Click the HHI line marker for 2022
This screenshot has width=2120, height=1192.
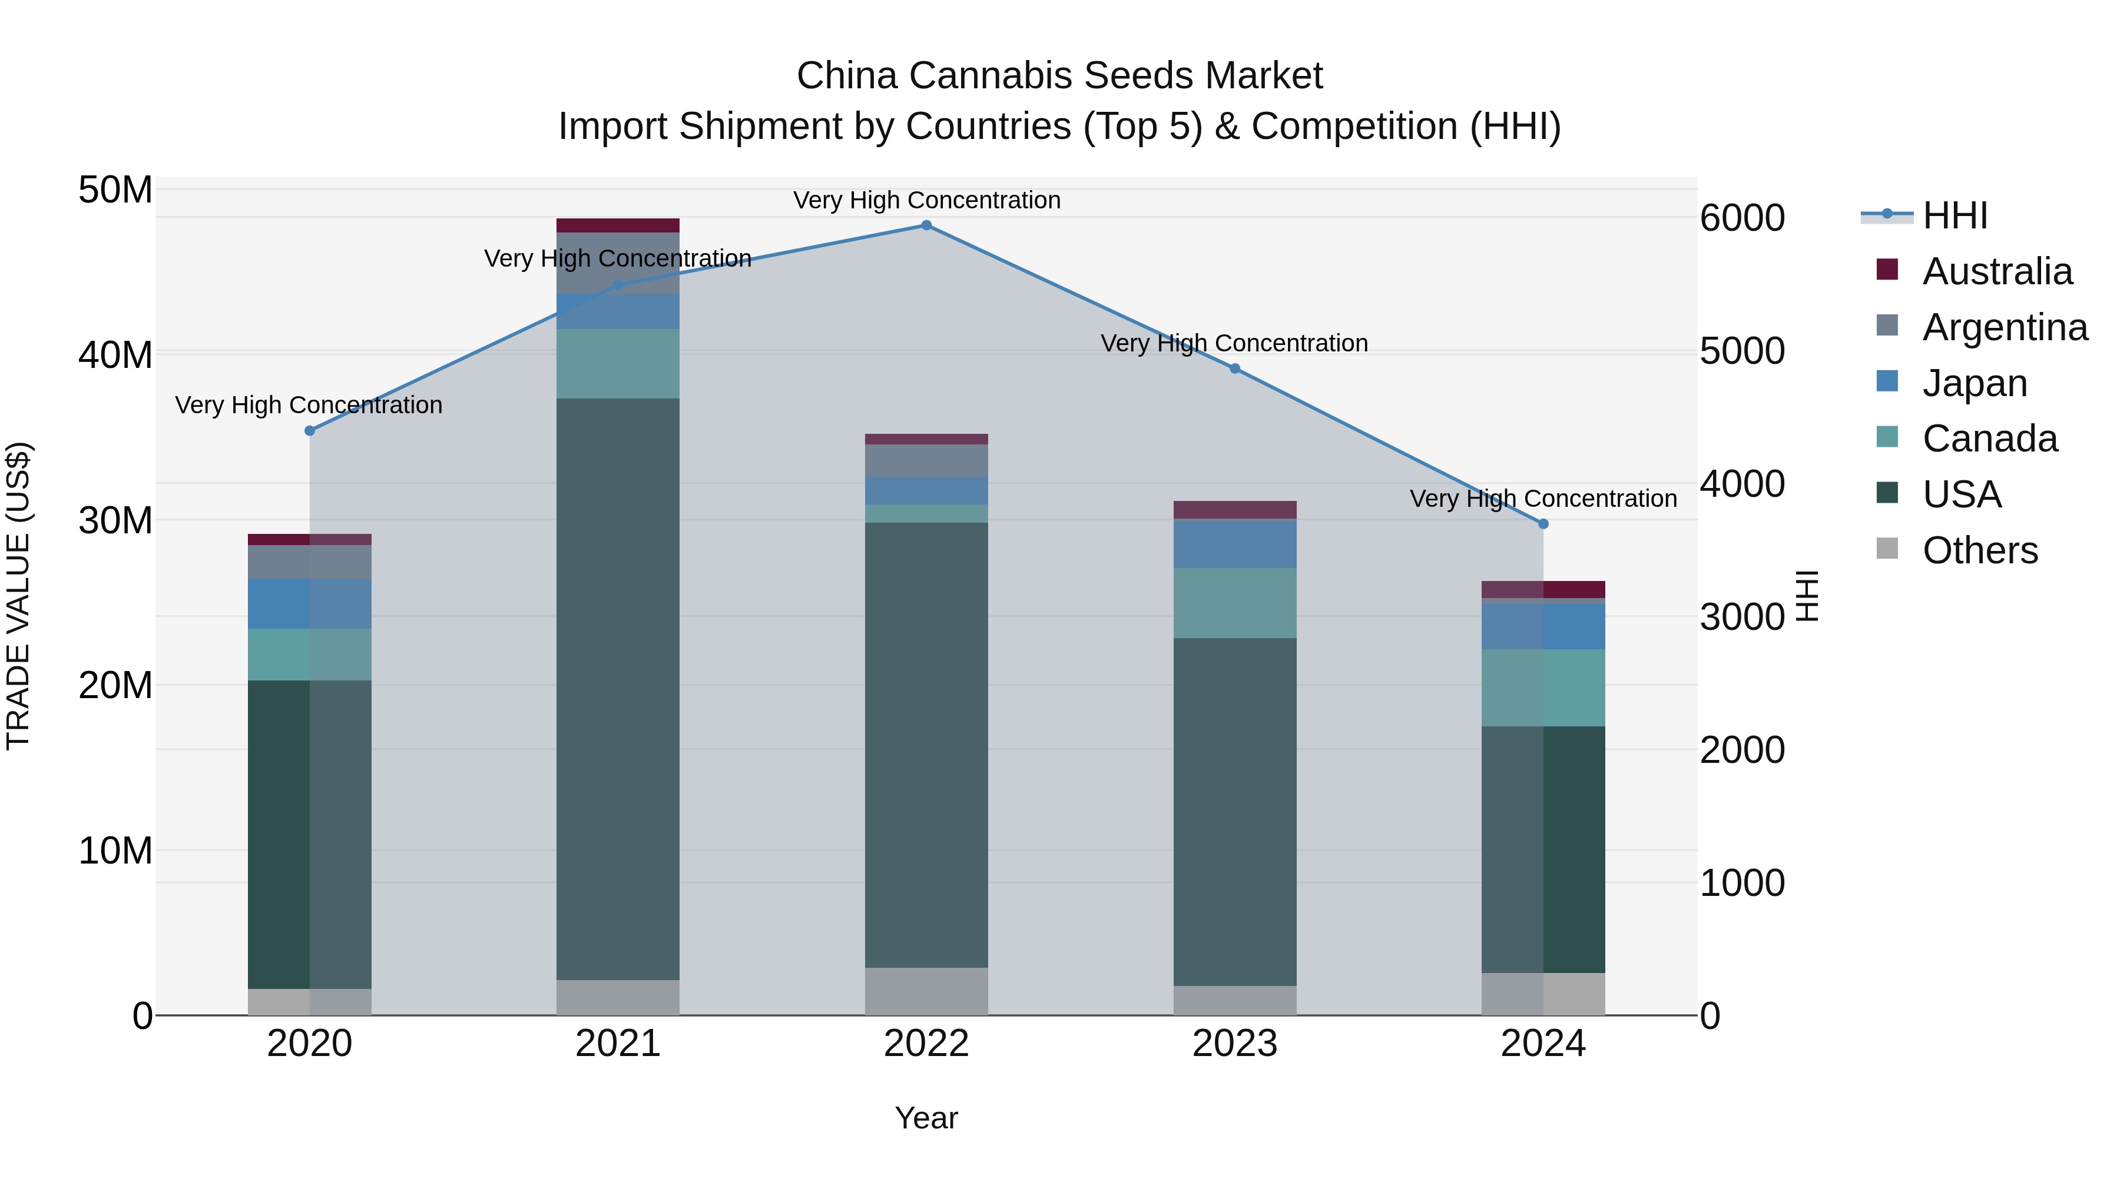pyautogui.click(x=926, y=225)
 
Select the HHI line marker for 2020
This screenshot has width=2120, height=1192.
pyautogui.click(x=309, y=431)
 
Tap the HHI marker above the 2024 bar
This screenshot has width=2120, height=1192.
pyautogui.click(x=1543, y=524)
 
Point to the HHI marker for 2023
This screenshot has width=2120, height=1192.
pyautogui.click(x=1234, y=368)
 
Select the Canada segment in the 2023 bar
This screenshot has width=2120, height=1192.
pyautogui.click(x=1234, y=603)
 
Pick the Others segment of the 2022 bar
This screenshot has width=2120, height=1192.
pyautogui.click(x=926, y=991)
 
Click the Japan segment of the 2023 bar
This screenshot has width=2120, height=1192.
pyautogui.click(x=1234, y=544)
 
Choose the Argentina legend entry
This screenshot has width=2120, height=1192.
pyautogui.click(x=2004, y=327)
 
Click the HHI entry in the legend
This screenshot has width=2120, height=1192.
pyautogui.click(x=1955, y=215)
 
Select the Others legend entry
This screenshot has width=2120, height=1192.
pyautogui.click(x=1979, y=550)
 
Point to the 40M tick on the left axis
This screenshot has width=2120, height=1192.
pyautogui.click(x=115, y=356)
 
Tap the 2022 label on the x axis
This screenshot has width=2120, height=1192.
pyautogui.click(x=926, y=1044)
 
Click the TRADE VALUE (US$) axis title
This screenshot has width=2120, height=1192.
pyautogui.click(x=18, y=596)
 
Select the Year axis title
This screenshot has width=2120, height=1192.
pyautogui.click(x=926, y=1118)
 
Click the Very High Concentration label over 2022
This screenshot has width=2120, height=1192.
pyautogui.click(x=926, y=200)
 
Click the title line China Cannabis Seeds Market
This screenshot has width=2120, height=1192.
pyautogui.click(x=1059, y=76)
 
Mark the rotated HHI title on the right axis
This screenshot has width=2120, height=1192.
pyautogui.click(x=1807, y=596)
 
